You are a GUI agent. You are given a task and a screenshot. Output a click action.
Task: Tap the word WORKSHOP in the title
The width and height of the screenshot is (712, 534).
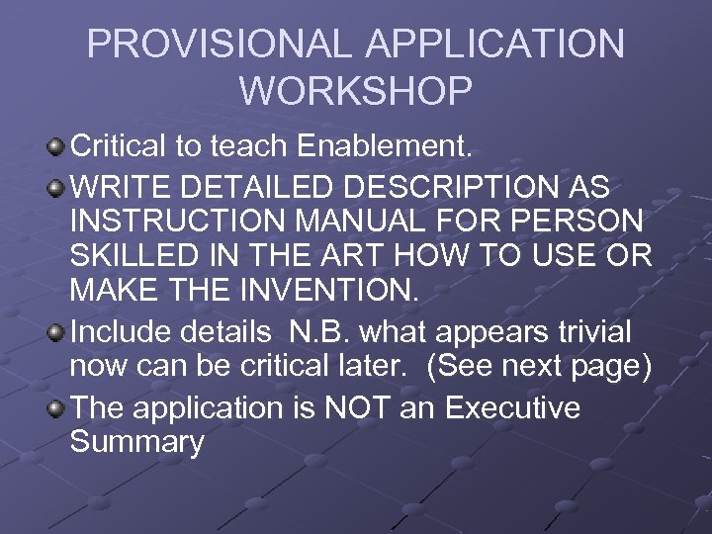click(356, 91)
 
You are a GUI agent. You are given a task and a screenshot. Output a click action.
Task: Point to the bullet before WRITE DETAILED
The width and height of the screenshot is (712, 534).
click(55, 186)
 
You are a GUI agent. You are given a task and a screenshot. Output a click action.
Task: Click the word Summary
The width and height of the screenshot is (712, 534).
click(136, 443)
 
